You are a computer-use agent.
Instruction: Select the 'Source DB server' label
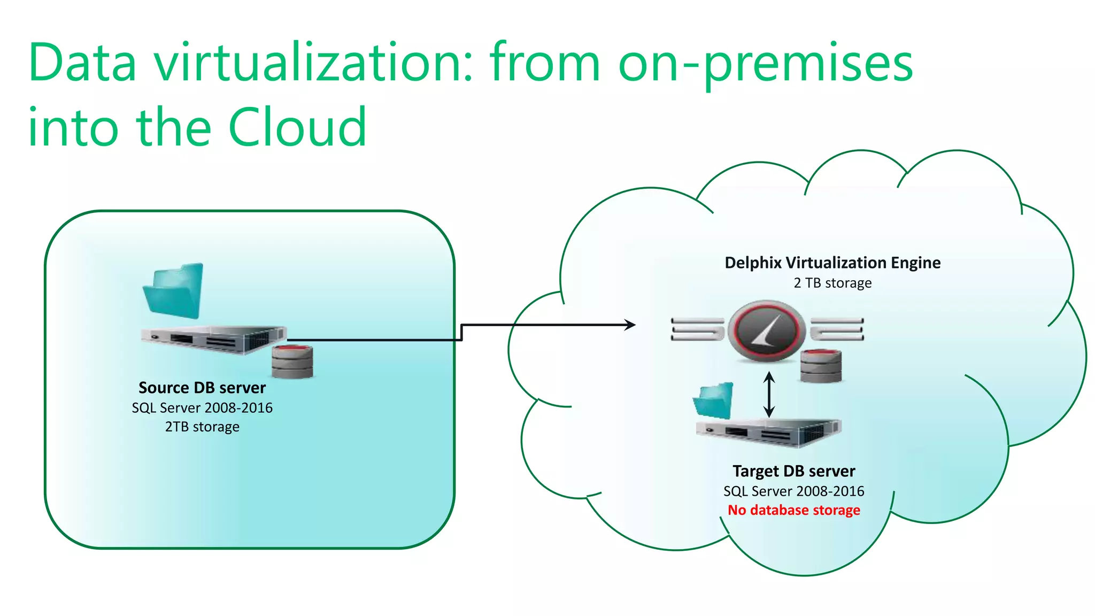coord(202,388)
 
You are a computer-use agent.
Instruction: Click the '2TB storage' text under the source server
coord(202,427)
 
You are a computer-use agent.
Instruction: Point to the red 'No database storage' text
coord(793,510)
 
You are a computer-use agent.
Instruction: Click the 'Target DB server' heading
coord(793,471)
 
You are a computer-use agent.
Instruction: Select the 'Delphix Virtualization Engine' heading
coord(832,263)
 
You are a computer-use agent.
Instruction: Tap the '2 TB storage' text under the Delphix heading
coord(832,283)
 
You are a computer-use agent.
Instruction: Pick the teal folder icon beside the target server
coord(714,401)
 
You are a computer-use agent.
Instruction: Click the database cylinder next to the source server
coord(292,362)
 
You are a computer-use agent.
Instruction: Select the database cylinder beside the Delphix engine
coord(821,366)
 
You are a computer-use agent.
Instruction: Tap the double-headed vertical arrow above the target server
coord(769,395)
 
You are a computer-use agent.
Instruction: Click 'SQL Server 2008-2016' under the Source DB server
coord(202,408)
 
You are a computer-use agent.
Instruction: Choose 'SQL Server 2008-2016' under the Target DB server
coord(793,491)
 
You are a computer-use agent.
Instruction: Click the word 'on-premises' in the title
coord(765,63)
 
